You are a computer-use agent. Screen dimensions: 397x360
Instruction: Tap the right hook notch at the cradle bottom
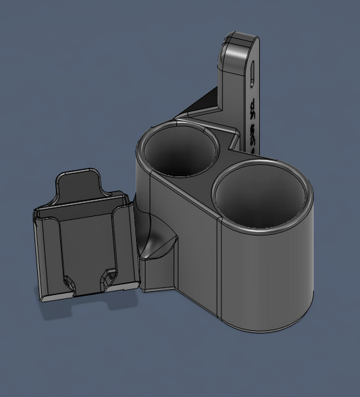pos(106,277)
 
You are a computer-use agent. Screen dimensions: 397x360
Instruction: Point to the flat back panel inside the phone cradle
pos(84,243)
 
